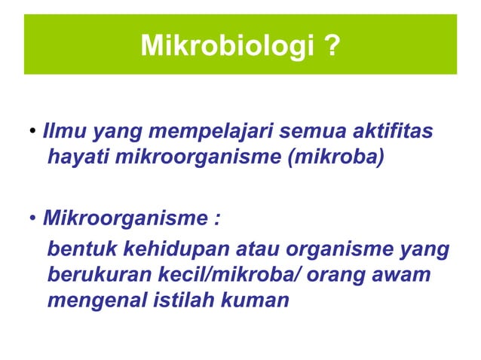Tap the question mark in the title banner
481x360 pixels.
point(332,47)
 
